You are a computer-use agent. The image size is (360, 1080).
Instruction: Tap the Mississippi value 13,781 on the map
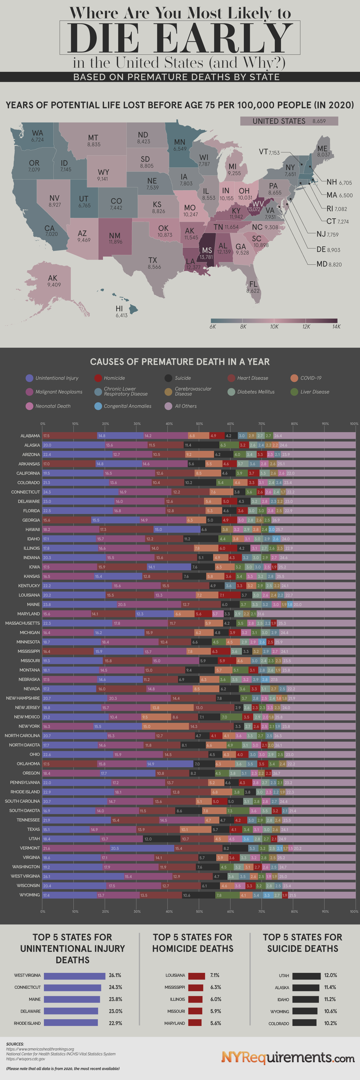pos(206,257)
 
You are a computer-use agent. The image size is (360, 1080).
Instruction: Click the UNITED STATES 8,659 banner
pos(289,121)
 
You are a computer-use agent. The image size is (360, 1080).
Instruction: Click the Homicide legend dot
pos(98,378)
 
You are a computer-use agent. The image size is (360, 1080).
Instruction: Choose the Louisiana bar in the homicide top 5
pos(197,976)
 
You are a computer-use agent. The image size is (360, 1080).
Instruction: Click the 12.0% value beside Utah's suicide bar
pos(330,976)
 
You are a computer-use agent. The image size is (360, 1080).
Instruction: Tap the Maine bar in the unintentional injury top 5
pos(72,1000)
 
